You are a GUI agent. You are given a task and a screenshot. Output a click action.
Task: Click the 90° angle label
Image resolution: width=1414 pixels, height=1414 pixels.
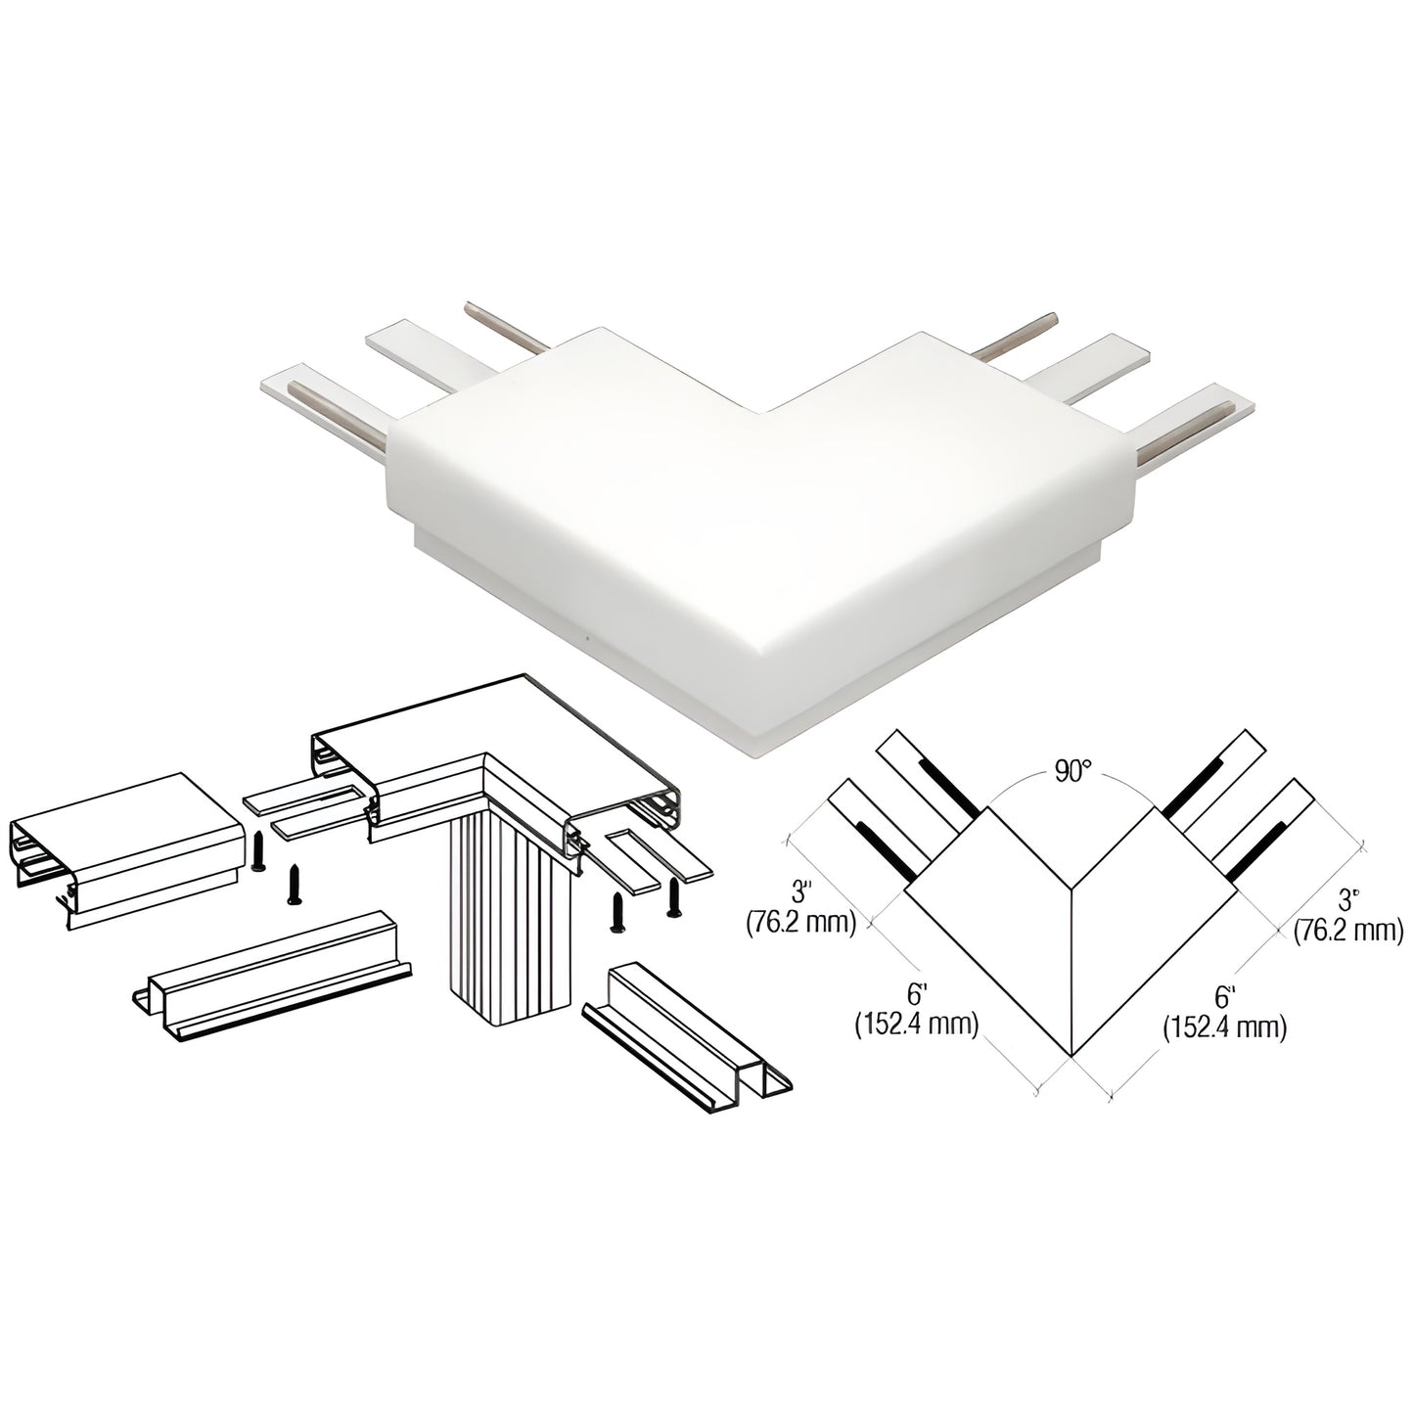(1072, 773)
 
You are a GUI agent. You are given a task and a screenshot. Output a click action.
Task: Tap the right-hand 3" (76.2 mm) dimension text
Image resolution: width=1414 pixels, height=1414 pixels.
(1348, 914)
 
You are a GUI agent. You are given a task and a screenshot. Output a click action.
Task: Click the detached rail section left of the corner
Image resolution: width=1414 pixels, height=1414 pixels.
(126, 850)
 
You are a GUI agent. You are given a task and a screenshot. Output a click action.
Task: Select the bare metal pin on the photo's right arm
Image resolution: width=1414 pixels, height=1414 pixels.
(1017, 336)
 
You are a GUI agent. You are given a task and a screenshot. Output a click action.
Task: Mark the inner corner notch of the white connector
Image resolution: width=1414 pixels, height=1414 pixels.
(767, 412)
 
